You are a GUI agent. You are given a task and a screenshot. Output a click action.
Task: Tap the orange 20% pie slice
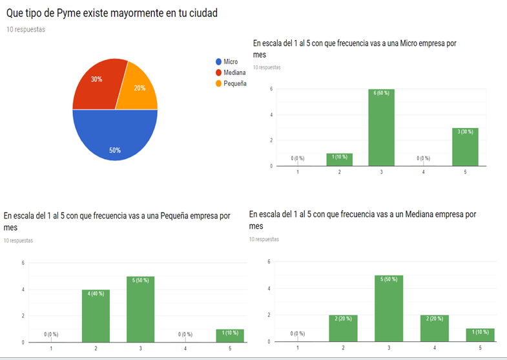[138, 87]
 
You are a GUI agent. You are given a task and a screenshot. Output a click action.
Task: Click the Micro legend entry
[230, 61]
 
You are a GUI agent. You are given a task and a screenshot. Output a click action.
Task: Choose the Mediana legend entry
[234, 72]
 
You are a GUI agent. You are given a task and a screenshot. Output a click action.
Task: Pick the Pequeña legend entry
[234, 83]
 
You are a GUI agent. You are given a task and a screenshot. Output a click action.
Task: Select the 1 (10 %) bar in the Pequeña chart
[231, 335]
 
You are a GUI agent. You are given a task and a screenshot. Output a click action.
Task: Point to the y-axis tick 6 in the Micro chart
[271, 89]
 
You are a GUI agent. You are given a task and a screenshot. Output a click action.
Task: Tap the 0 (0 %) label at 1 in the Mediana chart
[298, 334]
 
